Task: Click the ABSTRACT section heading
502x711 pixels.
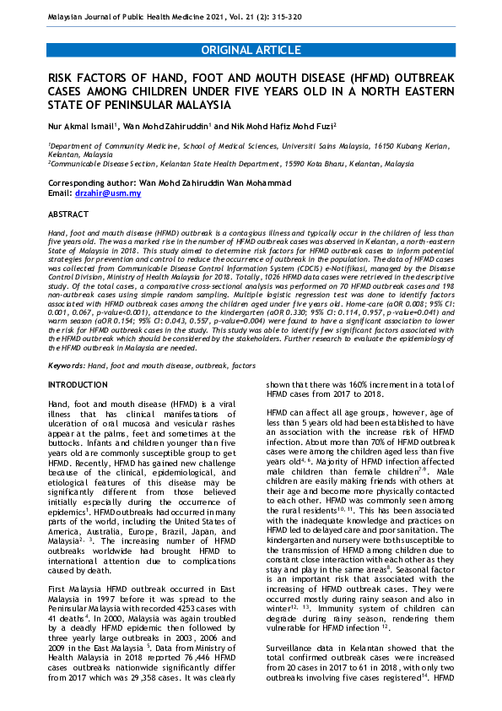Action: (68, 214)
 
